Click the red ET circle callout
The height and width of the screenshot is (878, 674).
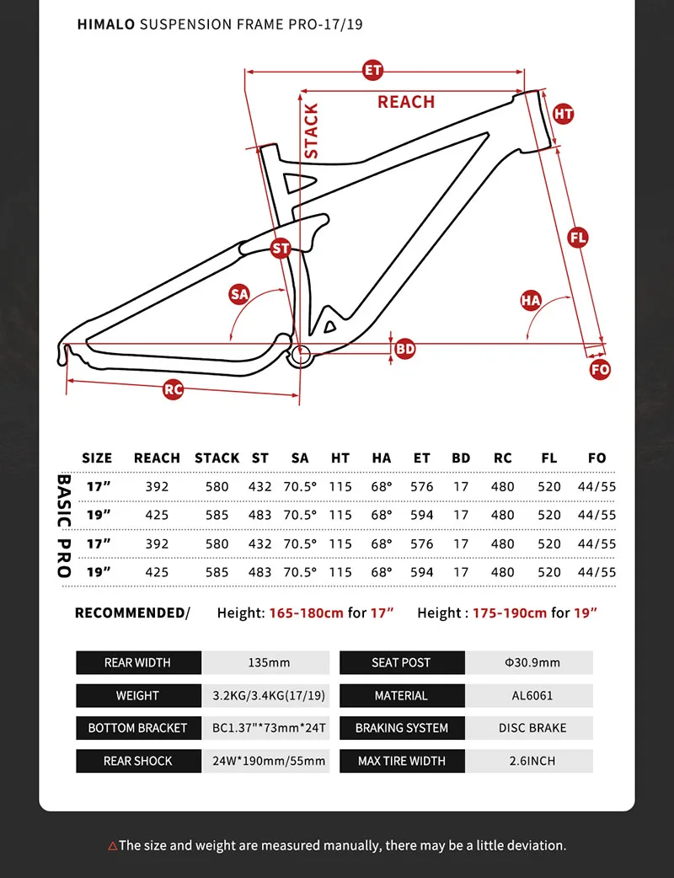[372, 70]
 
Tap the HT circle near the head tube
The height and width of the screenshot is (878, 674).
[564, 115]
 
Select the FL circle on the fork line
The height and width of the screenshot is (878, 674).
[578, 238]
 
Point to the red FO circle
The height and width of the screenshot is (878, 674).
[600, 369]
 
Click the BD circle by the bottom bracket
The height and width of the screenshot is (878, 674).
[405, 348]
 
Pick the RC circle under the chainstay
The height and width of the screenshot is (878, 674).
[174, 389]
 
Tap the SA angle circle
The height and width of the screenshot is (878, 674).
[240, 294]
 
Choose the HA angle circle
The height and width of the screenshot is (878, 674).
[530, 300]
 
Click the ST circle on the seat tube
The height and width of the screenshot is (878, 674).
[281, 249]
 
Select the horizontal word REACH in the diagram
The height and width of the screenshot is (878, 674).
[406, 102]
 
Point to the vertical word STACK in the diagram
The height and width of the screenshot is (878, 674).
[312, 131]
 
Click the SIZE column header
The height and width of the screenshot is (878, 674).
[97, 458]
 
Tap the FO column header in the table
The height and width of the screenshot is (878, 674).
[596, 458]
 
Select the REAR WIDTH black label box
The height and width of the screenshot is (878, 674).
[137, 663]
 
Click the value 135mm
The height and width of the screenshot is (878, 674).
[269, 663]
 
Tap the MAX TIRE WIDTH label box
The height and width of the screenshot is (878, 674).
[401, 761]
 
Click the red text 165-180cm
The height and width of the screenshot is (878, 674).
[306, 613]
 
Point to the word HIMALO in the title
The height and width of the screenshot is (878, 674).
[106, 24]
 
